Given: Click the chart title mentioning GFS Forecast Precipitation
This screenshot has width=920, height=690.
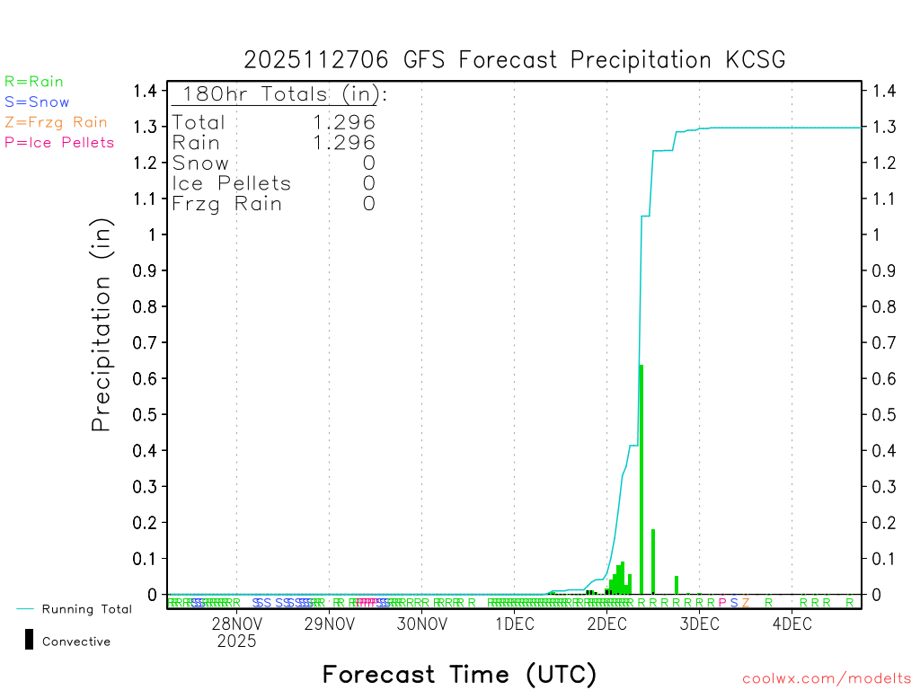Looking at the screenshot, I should [x=515, y=59].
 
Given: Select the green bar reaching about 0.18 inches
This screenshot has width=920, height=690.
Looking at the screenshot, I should [x=653, y=562].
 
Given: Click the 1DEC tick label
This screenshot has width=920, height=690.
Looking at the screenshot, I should [x=514, y=624].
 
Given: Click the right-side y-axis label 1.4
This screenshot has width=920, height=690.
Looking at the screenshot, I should [x=881, y=91].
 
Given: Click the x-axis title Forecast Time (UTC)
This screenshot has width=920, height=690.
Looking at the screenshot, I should [x=459, y=674].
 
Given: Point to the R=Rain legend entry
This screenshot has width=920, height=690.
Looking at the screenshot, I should [x=34, y=82].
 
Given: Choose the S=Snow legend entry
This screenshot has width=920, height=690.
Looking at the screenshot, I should [x=37, y=102].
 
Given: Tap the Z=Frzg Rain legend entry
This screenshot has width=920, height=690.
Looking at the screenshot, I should [x=56, y=122].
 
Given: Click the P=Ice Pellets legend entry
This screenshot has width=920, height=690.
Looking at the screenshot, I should [x=59, y=142].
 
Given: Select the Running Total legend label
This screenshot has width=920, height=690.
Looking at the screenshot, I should [x=86, y=609].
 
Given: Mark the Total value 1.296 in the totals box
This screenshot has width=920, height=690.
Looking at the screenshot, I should [x=344, y=122].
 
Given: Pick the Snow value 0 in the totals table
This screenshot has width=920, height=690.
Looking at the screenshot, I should [x=368, y=163].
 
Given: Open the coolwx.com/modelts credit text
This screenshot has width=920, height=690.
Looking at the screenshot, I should [x=827, y=678].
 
